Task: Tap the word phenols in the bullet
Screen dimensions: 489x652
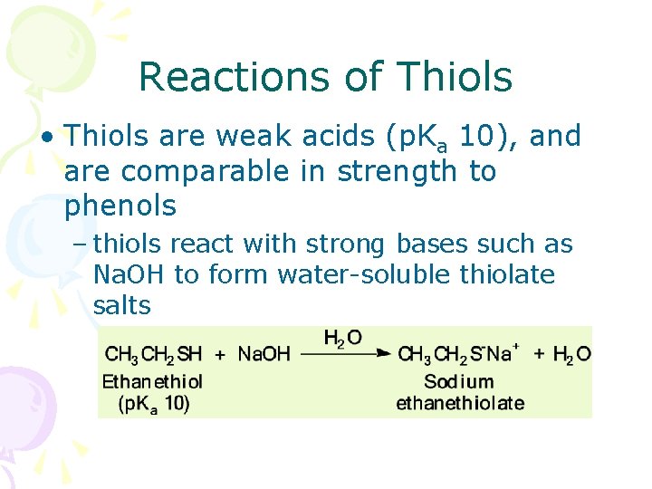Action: click(x=120, y=206)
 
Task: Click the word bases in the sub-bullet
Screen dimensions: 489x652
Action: click(x=432, y=244)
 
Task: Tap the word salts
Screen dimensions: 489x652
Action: click(x=121, y=305)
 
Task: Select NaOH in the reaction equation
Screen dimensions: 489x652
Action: click(x=264, y=354)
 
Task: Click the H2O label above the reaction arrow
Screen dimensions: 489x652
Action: click(x=343, y=338)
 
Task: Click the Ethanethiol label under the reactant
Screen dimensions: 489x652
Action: click(x=152, y=381)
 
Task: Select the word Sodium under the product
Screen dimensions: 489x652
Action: click(x=459, y=381)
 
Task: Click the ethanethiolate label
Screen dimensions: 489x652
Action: click(x=460, y=403)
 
